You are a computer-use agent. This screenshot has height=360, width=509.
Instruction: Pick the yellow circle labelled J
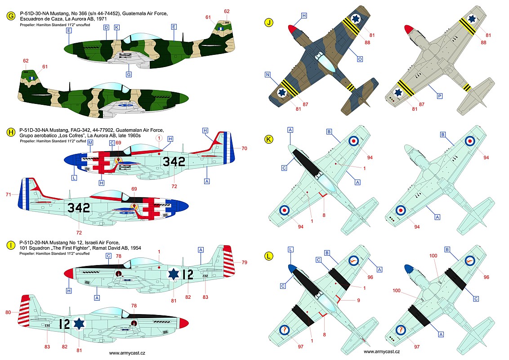coord(268,21)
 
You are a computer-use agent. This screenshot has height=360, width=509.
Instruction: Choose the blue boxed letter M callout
coord(90,143)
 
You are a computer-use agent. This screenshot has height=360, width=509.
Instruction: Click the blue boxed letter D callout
coord(106,27)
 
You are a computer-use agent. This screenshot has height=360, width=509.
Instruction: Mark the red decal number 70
coord(245,148)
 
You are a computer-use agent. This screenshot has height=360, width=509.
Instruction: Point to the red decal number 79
coord(244,262)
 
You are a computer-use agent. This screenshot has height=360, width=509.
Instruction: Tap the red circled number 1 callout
coord(158,137)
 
